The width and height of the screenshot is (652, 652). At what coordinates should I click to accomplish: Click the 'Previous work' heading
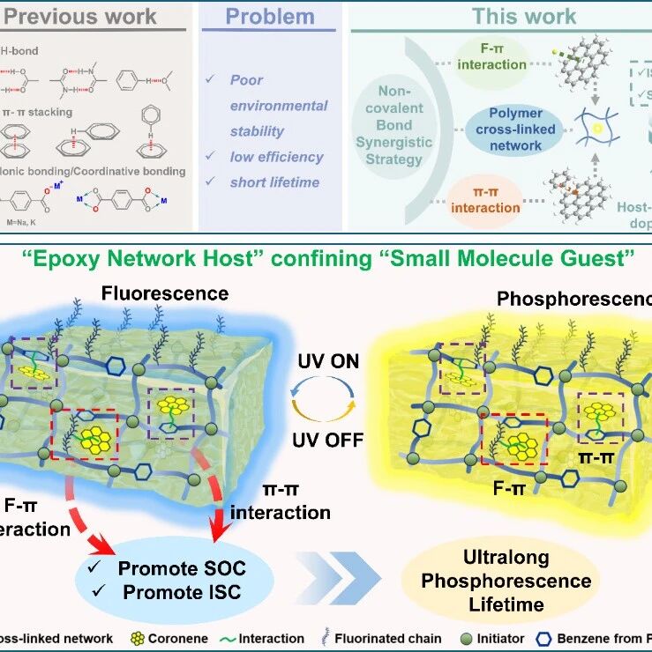click(x=80, y=17)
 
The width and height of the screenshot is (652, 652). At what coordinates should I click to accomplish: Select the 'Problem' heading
click(x=269, y=17)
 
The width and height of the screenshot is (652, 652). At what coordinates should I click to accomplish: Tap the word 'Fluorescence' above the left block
click(x=165, y=293)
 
